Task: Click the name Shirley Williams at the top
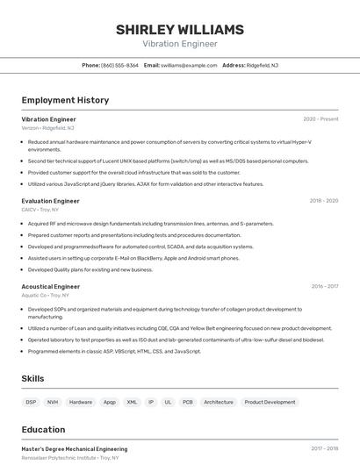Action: (x=179, y=30)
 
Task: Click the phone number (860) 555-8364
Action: (x=119, y=65)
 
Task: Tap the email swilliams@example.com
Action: (x=189, y=65)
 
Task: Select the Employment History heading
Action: (x=65, y=100)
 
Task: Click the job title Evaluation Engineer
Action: (x=50, y=201)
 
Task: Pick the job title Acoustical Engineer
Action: (x=50, y=286)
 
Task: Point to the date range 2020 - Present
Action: (x=320, y=118)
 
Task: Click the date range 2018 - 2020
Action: (x=323, y=201)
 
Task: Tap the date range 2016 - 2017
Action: (x=324, y=286)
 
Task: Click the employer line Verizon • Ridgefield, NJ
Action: (x=47, y=127)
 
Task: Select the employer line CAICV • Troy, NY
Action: (x=40, y=210)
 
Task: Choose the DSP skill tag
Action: (x=31, y=402)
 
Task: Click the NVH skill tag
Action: (x=53, y=402)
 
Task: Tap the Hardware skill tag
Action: (x=81, y=402)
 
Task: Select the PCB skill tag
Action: (x=188, y=402)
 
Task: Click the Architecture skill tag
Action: (x=219, y=402)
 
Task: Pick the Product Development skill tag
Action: (x=270, y=402)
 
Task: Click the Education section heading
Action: (x=43, y=430)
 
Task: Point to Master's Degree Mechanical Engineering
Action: (x=74, y=449)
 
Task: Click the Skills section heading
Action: (x=33, y=378)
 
